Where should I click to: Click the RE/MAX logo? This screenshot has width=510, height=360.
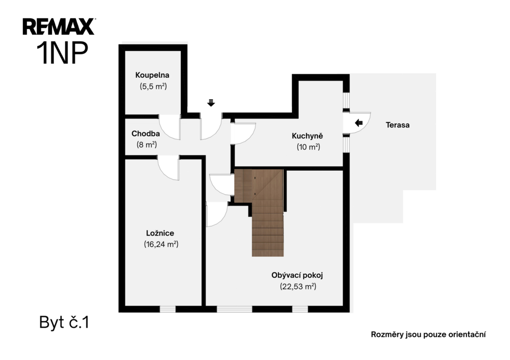point(59,27)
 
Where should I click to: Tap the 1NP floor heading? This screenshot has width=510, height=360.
point(62,53)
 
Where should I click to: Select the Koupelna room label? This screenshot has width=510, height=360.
point(152,75)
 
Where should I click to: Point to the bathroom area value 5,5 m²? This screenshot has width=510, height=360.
point(153,87)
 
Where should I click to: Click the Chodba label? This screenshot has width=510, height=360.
point(145,133)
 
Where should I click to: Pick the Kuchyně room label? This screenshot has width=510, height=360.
point(307,136)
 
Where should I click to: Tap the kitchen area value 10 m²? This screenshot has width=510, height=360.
point(308,147)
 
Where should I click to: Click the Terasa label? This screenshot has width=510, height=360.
point(397,125)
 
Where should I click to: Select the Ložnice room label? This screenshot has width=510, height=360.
point(160,233)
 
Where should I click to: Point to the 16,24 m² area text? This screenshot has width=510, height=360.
point(161,244)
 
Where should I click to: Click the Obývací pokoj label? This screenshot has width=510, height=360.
point(297,275)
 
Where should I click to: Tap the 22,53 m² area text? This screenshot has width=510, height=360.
point(298,286)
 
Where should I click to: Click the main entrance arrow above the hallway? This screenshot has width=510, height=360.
point(211,103)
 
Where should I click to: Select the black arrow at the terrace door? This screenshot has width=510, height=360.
point(359,123)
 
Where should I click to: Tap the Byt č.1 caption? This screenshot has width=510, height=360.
point(64,323)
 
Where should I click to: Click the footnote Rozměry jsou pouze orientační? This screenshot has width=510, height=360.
point(428,335)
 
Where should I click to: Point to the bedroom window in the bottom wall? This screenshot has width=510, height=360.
point(168,309)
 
